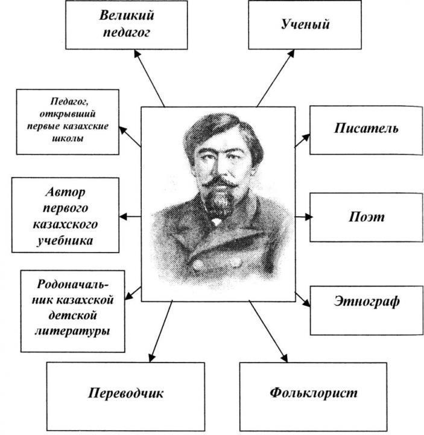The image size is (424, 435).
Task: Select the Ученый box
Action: (x=305, y=24)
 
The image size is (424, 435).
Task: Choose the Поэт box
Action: (x=366, y=217)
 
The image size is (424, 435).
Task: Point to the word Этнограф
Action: (x=366, y=301)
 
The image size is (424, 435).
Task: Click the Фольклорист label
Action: (x=313, y=392)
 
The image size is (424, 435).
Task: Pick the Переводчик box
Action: (x=125, y=393)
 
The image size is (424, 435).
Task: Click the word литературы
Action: (x=73, y=331)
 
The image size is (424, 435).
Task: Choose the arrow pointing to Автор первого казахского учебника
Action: (x=130, y=216)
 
